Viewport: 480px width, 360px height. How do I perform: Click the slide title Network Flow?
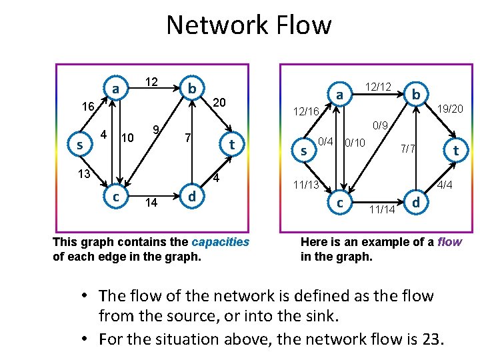[249, 25]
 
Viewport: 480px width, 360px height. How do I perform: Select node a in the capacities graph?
[116, 89]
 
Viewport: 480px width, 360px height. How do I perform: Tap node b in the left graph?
[192, 89]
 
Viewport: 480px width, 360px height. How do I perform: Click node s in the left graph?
[80, 144]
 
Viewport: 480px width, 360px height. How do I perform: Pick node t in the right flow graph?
[456, 151]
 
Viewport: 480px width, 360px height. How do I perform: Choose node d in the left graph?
[192, 197]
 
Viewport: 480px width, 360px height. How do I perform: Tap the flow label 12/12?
[379, 87]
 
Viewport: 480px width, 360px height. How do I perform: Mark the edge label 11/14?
[381, 210]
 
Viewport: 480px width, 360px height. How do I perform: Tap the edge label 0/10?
[355, 143]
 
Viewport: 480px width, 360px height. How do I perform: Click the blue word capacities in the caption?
[220, 241]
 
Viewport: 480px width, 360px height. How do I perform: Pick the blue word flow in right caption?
[449, 241]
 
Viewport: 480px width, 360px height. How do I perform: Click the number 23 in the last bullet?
[429, 339]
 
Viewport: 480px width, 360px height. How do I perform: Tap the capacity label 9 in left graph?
[155, 129]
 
